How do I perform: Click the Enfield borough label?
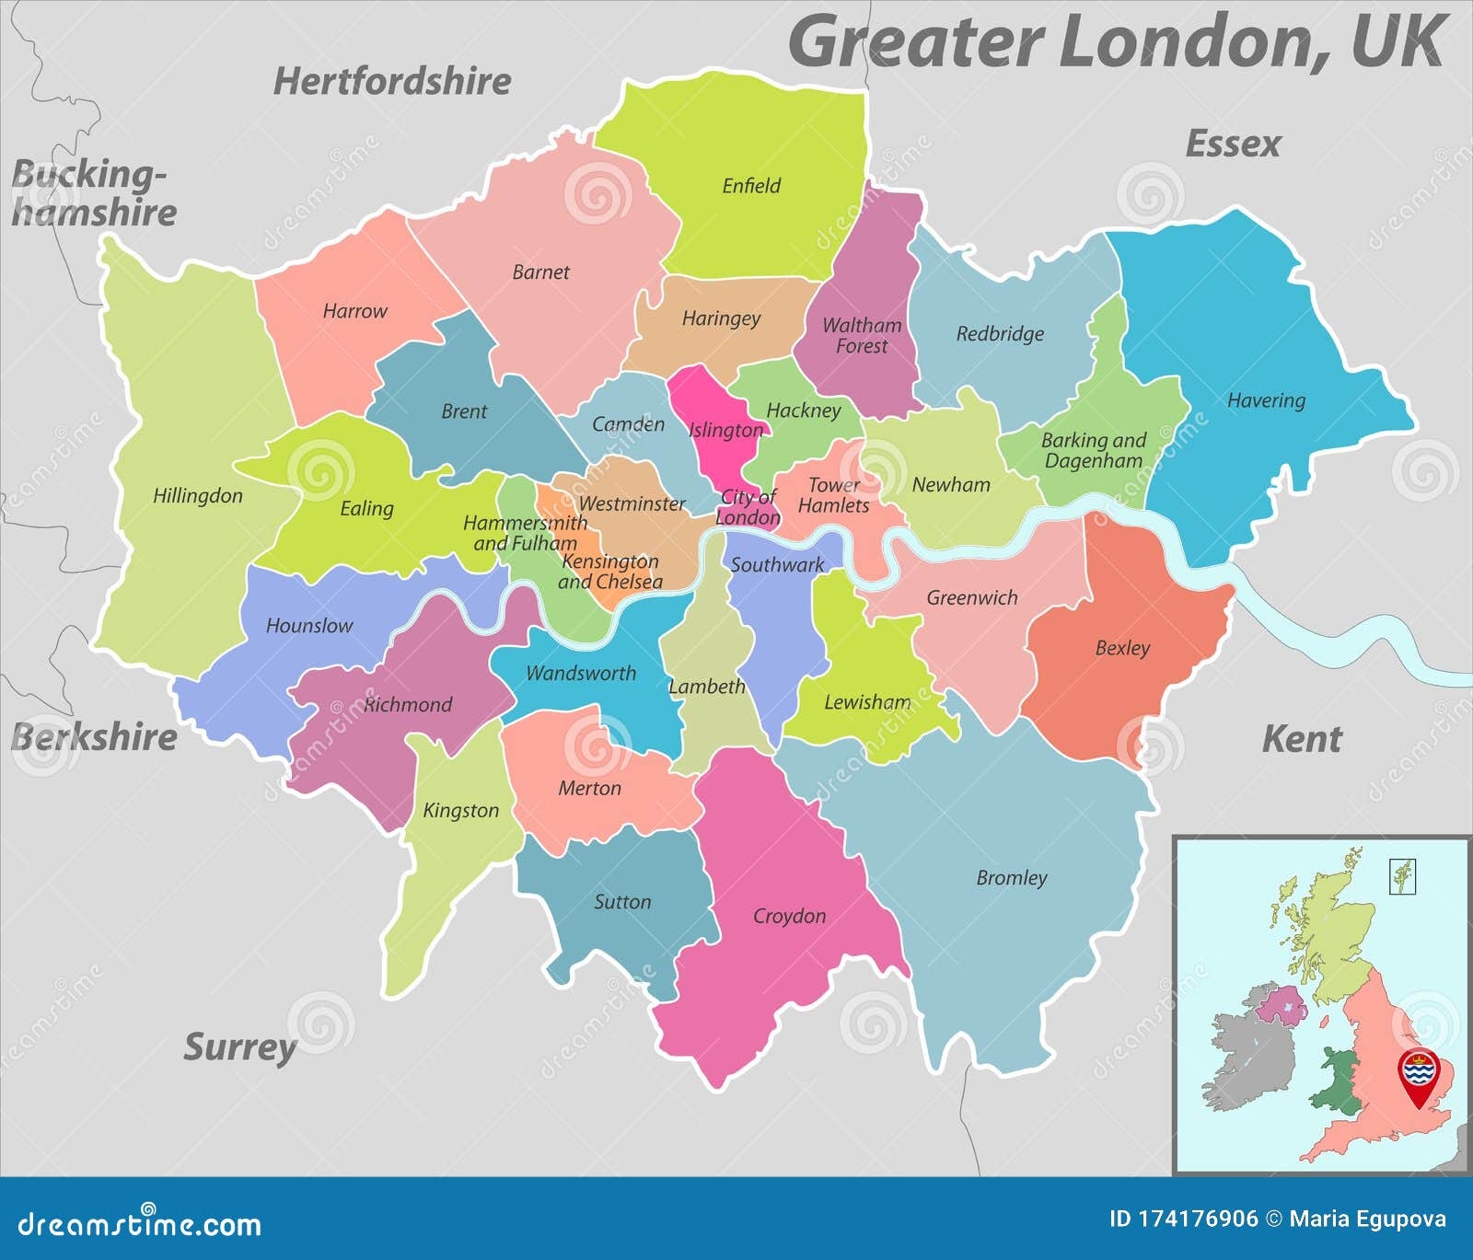pos(751,186)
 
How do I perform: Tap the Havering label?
pos(1266,400)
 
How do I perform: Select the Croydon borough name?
pos(789,916)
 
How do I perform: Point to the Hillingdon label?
pos(198,496)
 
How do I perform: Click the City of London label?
pos(748,507)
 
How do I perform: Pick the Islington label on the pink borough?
pos(725,430)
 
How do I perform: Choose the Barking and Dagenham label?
pos(1093,450)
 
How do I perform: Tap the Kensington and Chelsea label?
pos(609,572)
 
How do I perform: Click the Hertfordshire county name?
pos(392,81)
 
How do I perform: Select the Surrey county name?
pos(239,1047)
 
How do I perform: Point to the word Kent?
pos(1301,739)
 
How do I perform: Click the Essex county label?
pos(1233,144)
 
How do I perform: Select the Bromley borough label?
pos(1011,878)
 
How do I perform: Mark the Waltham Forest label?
pos(861,335)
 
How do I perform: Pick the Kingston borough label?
pos(460,811)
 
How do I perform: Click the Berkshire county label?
pos(94,737)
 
